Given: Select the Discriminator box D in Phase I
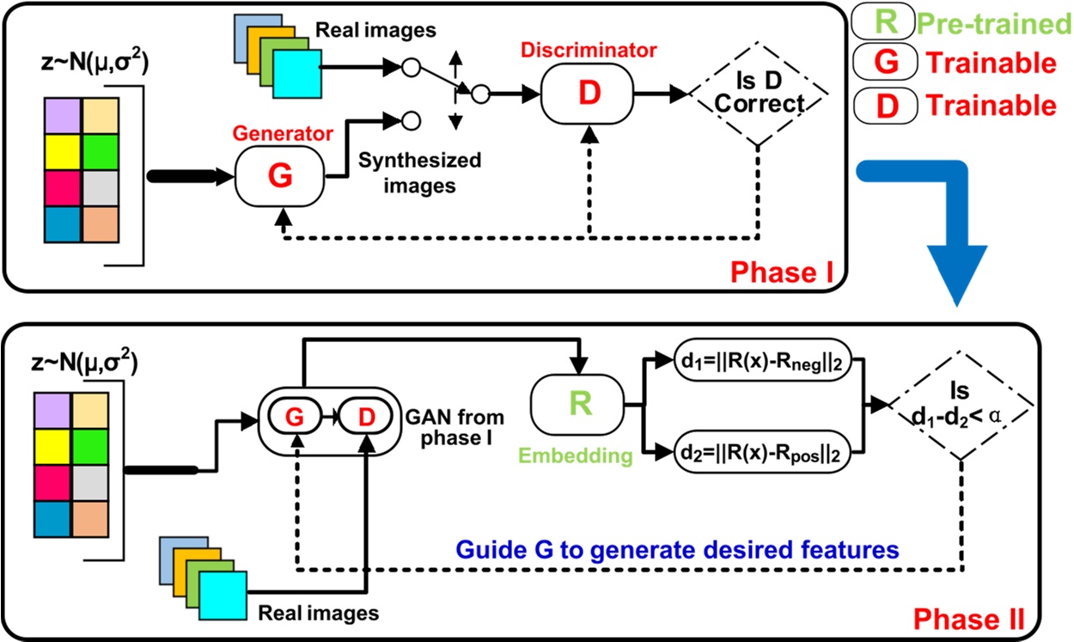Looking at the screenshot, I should pos(588,94).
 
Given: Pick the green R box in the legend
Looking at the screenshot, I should pos(877,23).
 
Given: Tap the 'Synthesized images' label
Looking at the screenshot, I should pos(419,172).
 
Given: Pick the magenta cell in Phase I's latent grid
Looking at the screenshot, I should pos(63,181).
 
